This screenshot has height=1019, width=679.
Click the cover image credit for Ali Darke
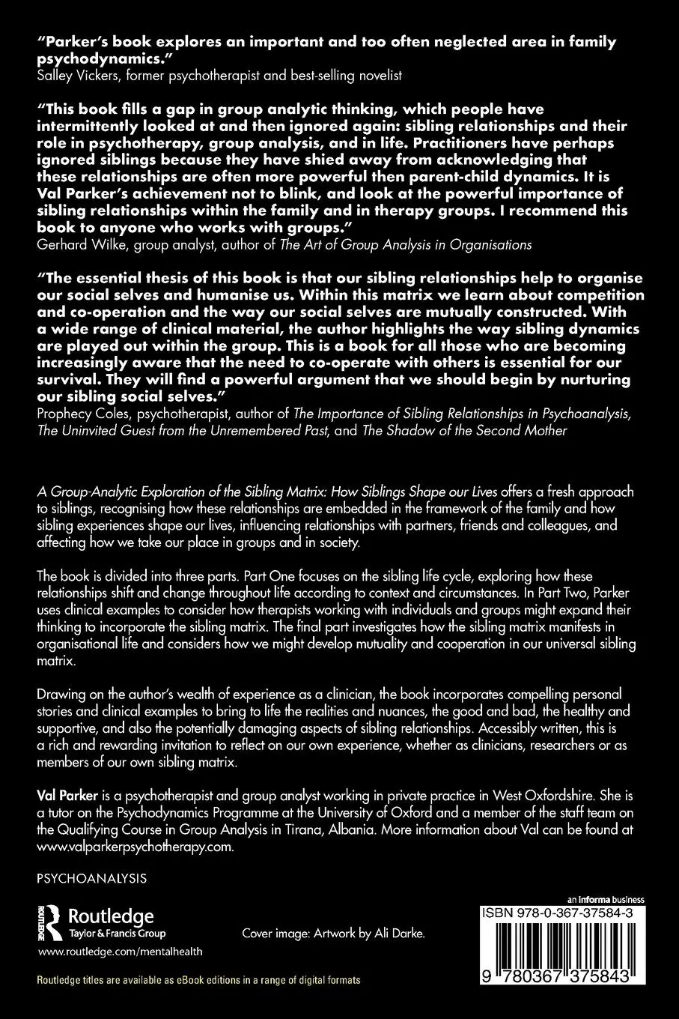[333, 934]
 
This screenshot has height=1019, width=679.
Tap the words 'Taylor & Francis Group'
[117, 934]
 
